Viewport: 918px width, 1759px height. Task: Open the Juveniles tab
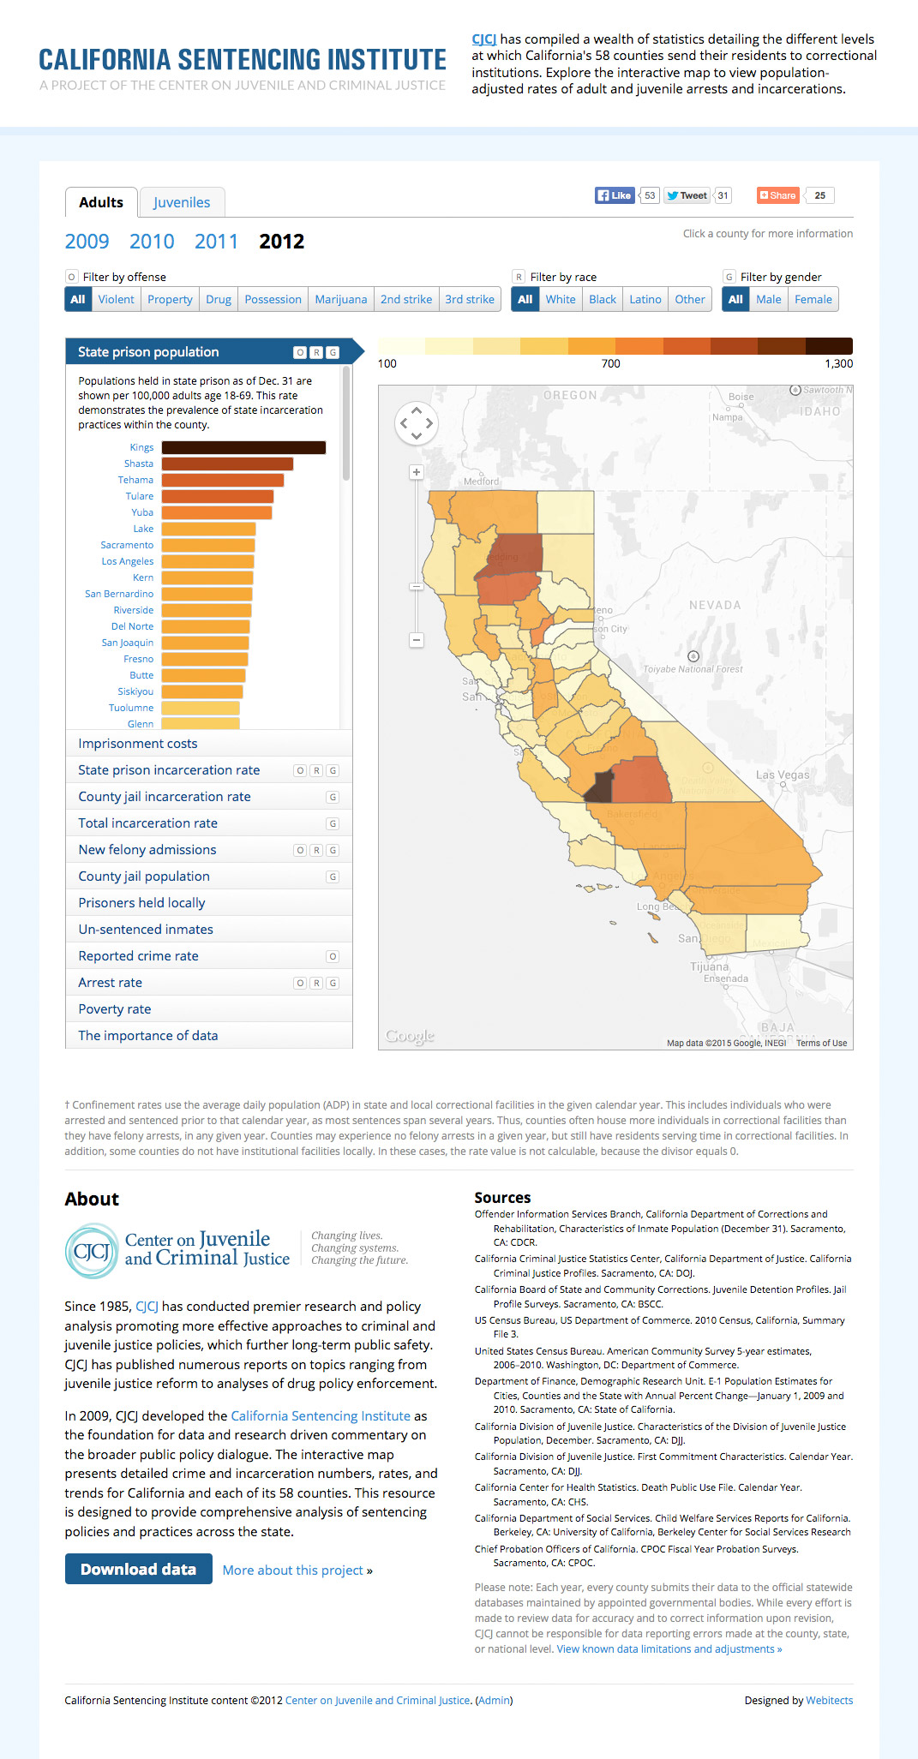click(x=182, y=202)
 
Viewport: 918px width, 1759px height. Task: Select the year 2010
click(x=152, y=242)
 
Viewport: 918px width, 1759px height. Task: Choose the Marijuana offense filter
click(x=340, y=299)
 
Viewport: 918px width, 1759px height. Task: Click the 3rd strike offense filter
click(x=469, y=299)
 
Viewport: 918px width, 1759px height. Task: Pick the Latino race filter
click(x=645, y=299)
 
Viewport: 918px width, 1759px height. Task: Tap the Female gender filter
click(x=813, y=299)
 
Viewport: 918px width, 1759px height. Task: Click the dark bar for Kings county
click(x=243, y=447)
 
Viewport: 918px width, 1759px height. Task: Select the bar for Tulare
click(x=218, y=496)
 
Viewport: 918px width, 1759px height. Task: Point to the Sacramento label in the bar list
click(x=127, y=545)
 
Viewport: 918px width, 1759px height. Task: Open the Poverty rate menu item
click(x=115, y=1009)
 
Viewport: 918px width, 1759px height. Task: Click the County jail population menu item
click(x=144, y=877)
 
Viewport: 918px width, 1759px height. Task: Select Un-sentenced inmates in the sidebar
click(x=146, y=930)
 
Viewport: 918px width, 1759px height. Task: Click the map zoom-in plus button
click(x=417, y=472)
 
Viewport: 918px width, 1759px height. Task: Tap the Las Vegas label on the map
click(x=782, y=775)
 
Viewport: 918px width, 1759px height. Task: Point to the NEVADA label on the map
click(x=715, y=605)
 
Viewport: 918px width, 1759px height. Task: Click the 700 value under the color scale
click(x=610, y=363)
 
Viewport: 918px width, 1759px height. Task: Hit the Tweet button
click(x=687, y=195)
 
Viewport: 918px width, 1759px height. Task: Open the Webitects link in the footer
click(x=829, y=1701)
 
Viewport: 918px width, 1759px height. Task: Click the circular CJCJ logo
click(x=91, y=1252)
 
